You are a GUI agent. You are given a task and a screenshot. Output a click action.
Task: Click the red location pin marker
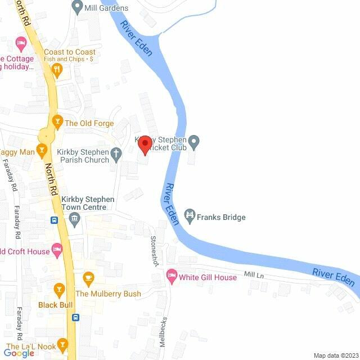pyautogui.click(x=145, y=145)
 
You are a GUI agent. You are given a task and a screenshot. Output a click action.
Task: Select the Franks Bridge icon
pyautogui.click(x=190, y=215)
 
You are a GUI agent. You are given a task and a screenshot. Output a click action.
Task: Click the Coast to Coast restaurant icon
pyautogui.click(x=56, y=69)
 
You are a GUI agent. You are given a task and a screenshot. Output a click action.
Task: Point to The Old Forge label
pyautogui.click(x=89, y=123)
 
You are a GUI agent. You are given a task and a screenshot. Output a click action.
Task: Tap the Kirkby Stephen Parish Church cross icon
pyautogui.click(x=116, y=152)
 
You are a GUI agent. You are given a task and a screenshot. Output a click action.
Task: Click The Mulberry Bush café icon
pyautogui.click(x=88, y=277)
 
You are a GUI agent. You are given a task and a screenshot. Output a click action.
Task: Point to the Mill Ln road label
pyautogui.click(x=253, y=276)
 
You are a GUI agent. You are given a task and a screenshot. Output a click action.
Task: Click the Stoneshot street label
pyautogui.click(x=154, y=250)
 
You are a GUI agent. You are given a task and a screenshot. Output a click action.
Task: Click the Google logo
pyautogui.click(x=19, y=353)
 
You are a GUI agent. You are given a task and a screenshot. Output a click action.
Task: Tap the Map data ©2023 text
pyautogui.click(x=335, y=355)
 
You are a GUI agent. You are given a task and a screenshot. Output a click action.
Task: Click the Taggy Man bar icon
pyautogui.click(x=41, y=150)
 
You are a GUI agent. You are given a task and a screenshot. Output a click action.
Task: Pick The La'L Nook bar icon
pyautogui.click(x=64, y=344)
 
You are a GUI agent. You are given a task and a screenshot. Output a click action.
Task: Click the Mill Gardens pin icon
pyautogui.click(x=78, y=7)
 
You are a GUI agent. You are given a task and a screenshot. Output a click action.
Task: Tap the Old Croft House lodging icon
pyautogui.click(x=56, y=248)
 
